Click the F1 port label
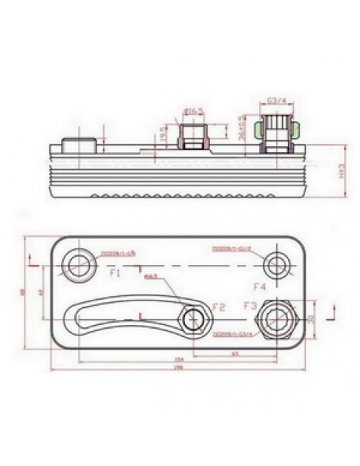pos(116,273)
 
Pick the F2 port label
pos(218,306)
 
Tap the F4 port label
pos(259,286)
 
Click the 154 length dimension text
pos(177,359)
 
